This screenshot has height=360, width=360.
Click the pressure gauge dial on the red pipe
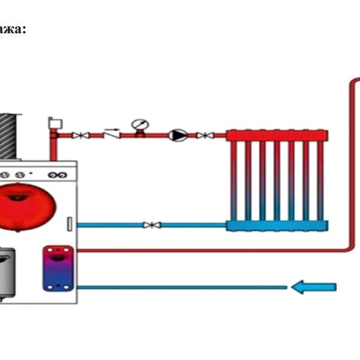point(139,124)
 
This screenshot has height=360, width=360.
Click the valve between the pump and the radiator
point(204,135)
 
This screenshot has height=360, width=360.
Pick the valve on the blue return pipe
point(149,225)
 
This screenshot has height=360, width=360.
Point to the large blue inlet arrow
point(314,287)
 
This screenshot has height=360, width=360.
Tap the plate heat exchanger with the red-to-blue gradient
point(58,268)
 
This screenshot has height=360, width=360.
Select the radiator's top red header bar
point(277,135)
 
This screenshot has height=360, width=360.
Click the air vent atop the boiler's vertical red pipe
point(54,123)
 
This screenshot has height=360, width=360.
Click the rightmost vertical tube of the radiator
point(320,180)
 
